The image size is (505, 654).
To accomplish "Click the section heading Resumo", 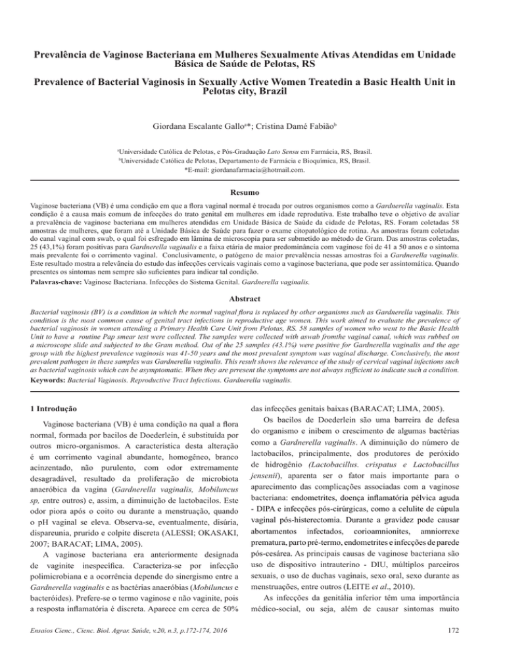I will pos(252,195).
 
